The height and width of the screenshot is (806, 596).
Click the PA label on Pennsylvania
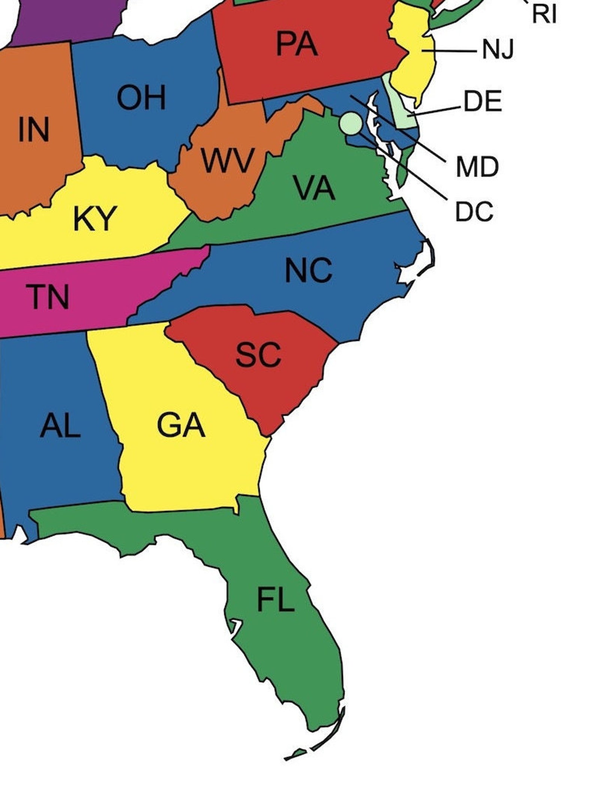point(297,44)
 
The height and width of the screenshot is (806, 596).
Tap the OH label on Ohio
point(141,98)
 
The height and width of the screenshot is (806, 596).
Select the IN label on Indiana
point(34,130)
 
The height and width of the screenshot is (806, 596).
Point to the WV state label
point(227,161)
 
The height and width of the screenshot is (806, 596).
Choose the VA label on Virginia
point(315,188)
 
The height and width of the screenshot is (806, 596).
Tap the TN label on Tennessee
point(48,297)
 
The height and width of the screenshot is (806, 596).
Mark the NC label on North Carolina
point(308,270)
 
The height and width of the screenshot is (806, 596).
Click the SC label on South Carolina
point(258,355)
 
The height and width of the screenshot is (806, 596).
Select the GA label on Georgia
point(181,426)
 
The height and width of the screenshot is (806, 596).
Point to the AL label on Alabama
point(60,426)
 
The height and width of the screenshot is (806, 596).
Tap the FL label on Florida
point(275,600)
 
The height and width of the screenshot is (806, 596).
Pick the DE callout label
point(483,101)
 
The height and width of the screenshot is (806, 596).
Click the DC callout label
point(474,212)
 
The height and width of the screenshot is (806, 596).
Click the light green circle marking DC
point(351,123)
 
